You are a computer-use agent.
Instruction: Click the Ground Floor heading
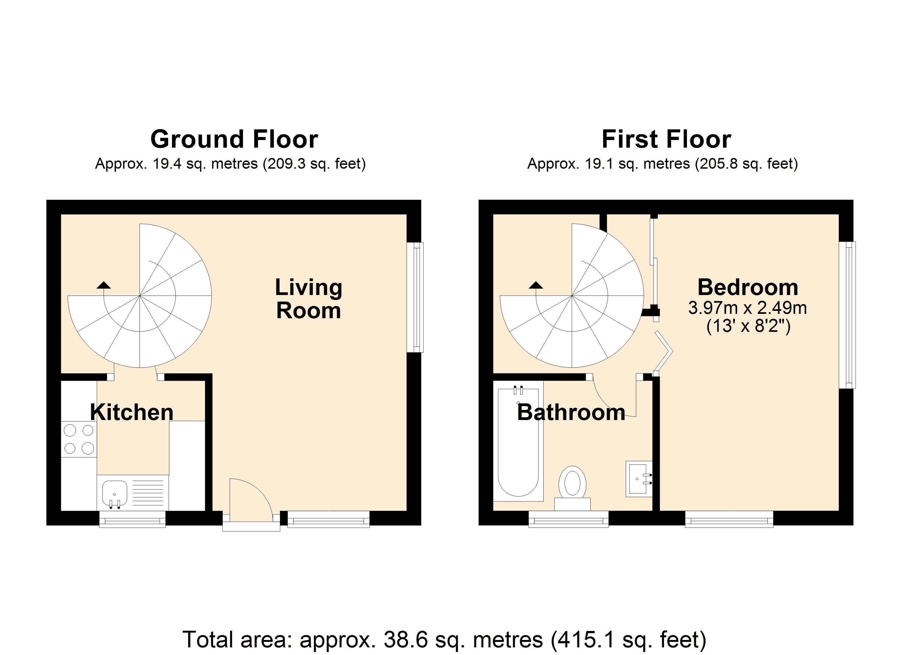[x=234, y=139]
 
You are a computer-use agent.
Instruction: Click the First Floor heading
[x=666, y=139]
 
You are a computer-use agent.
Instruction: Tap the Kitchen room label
[x=132, y=412]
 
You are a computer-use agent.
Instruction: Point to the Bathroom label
[x=571, y=412]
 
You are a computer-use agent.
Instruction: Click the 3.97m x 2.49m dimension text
[x=747, y=308]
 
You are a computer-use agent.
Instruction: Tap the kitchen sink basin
[x=115, y=493]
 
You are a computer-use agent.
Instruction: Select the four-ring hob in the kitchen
[x=79, y=439]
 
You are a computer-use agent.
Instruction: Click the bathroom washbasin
[x=638, y=479]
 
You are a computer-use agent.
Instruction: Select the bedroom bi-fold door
[x=663, y=352]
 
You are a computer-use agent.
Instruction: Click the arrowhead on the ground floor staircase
[x=104, y=285]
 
